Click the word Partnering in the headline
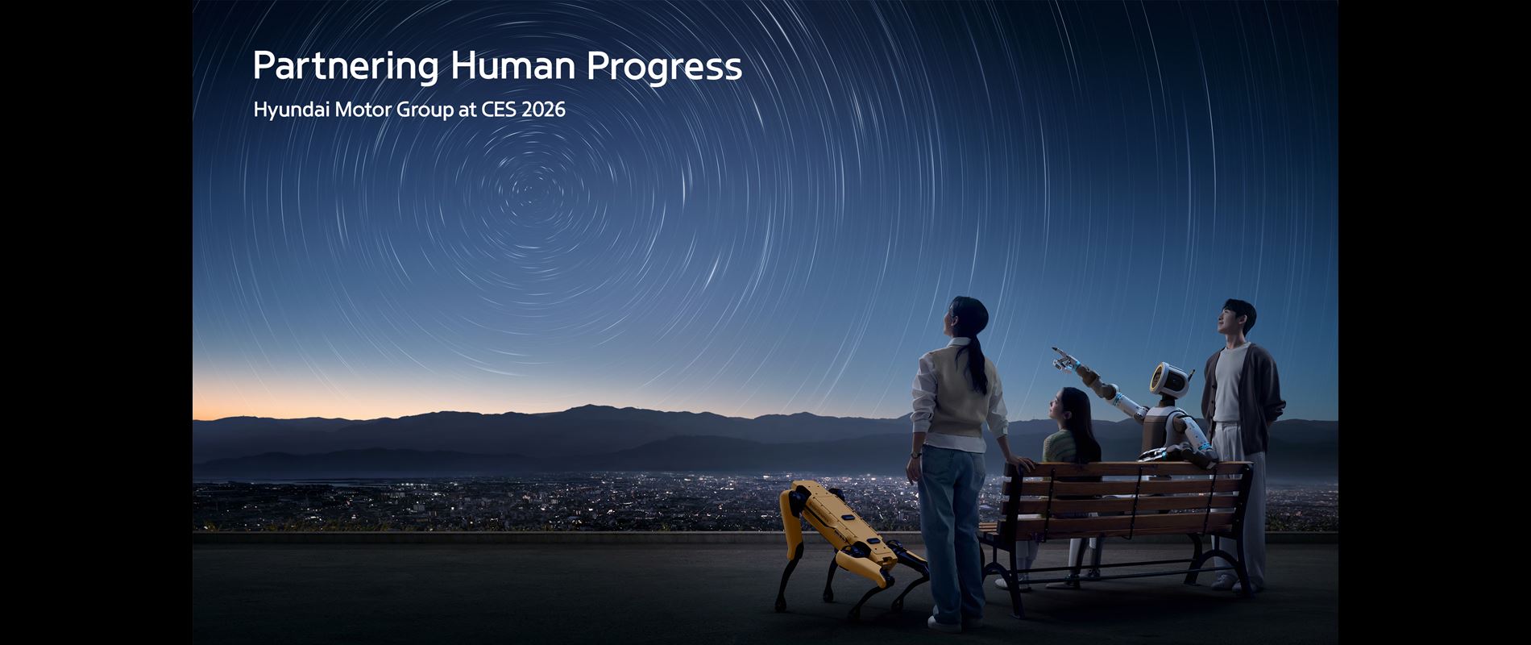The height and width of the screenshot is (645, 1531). click(x=345, y=67)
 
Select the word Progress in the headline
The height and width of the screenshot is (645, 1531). click(x=664, y=67)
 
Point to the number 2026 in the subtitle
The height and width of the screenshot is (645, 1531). click(x=543, y=110)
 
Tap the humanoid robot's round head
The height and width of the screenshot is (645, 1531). click(x=1169, y=381)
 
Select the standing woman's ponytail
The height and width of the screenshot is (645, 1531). click(x=977, y=367)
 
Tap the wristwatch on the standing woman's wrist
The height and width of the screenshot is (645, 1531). click(x=915, y=455)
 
